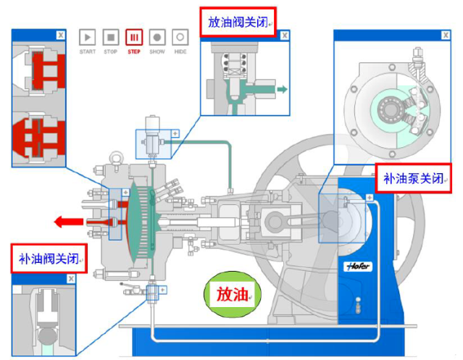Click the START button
coord(87,37)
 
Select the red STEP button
coord(134,37)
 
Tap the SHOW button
coord(157,37)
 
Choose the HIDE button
coord(180,37)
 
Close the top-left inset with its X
coord(59,34)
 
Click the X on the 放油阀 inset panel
coord(284,35)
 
